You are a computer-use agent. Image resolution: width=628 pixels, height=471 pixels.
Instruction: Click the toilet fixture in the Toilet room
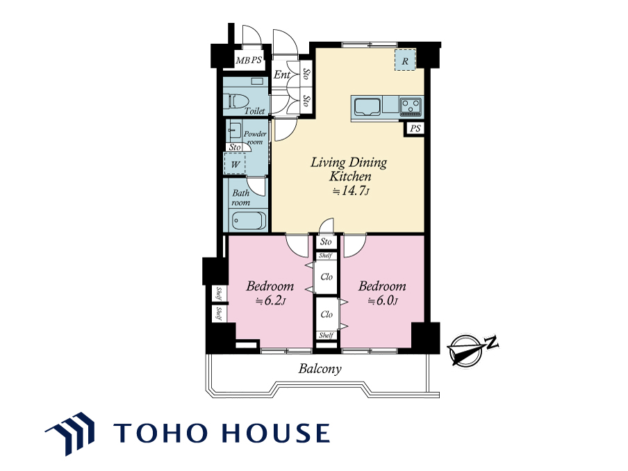click(x=236, y=101)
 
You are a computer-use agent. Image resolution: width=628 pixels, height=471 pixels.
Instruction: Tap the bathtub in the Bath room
click(x=249, y=220)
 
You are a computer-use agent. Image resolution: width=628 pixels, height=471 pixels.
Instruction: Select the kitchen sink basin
click(x=367, y=106)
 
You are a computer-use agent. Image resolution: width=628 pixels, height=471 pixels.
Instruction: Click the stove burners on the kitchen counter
click(x=411, y=106)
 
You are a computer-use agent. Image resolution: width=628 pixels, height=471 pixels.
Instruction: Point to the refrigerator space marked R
click(x=405, y=60)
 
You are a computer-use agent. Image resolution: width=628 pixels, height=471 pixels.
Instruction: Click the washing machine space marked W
click(x=235, y=164)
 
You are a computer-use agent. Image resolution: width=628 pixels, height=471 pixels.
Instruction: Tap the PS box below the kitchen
click(x=415, y=129)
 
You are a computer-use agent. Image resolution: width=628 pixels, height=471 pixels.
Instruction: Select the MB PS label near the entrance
click(x=248, y=60)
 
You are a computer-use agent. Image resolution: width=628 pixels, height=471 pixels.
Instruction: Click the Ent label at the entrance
click(x=282, y=74)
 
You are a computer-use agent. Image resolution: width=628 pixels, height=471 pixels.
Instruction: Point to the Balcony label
click(x=320, y=369)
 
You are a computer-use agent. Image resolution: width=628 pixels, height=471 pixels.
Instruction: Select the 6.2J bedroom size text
click(x=271, y=300)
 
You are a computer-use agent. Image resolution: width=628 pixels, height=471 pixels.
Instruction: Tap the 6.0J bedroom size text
click(x=383, y=300)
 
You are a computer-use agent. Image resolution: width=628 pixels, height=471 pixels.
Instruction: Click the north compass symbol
click(x=470, y=349)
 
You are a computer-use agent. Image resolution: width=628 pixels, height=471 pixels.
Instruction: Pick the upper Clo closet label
click(x=327, y=276)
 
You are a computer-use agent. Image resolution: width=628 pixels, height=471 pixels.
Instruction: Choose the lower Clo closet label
click(x=327, y=315)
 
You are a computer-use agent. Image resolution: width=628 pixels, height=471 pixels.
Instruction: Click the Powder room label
click(x=255, y=138)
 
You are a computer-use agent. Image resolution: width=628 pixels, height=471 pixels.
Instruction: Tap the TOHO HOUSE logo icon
click(x=70, y=433)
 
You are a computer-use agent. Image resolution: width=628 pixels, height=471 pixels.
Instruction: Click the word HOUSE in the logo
click(x=276, y=433)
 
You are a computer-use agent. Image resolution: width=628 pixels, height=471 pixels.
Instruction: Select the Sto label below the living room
click(x=326, y=242)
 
